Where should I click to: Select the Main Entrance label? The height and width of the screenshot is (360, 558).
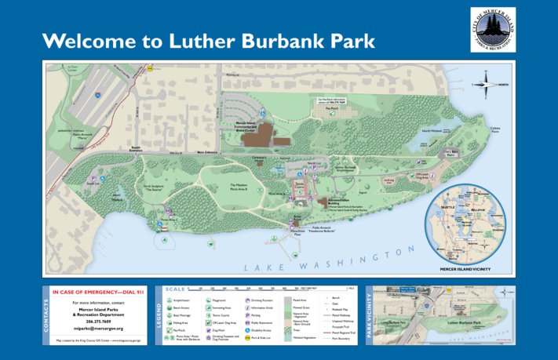pyautogui.click(x=206, y=152)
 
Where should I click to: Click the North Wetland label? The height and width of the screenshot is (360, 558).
pyautogui.click(x=431, y=131)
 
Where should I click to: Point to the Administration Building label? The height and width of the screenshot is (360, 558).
pyautogui.click(x=348, y=201)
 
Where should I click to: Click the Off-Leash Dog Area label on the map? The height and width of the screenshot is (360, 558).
pyautogui.click(x=421, y=176)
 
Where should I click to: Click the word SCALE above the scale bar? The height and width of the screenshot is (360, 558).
pyautogui.click(x=177, y=288)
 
